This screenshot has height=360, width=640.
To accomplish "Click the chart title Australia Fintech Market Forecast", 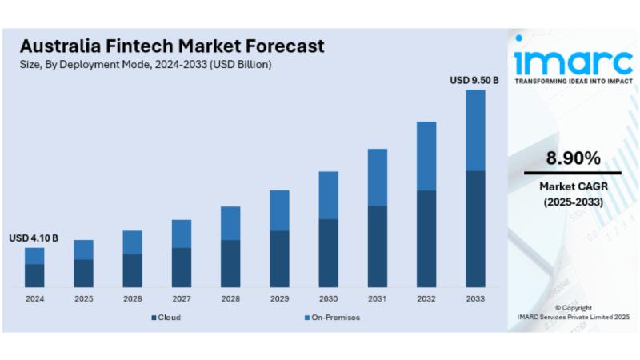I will (x=171, y=46).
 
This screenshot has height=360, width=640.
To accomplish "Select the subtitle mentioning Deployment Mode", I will (x=145, y=65).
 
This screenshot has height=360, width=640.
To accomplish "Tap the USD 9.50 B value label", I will (x=474, y=80).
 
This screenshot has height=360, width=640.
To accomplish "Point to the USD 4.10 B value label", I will (x=34, y=238).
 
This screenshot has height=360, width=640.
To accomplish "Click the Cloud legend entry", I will (x=166, y=318).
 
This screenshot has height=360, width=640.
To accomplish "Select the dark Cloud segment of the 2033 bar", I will (x=475, y=229).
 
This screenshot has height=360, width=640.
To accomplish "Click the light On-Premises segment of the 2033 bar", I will (x=475, y=130).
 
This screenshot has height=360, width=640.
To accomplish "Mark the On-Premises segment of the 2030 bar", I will (x=328, y=194).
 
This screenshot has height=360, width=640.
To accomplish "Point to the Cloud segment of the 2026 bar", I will (x=132, y=270).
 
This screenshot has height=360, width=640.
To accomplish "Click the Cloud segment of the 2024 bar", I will (x=34, y=275).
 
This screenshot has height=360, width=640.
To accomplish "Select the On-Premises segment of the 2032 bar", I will (x=426, y=155).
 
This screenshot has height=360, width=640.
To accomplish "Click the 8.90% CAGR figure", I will (x=573, y=158).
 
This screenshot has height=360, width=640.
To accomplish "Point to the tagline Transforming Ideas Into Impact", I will (x=573, y=82).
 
